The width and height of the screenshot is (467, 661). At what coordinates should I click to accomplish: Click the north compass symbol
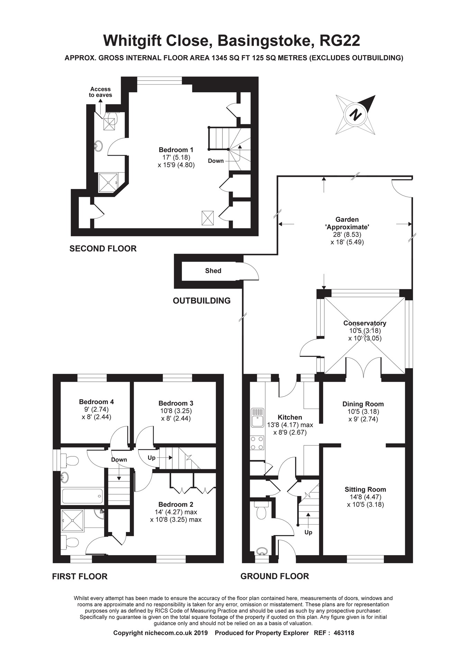click(356, 115)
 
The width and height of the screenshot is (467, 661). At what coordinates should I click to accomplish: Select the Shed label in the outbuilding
click(213, 271)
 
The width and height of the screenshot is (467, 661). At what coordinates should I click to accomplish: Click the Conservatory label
click(365, 323)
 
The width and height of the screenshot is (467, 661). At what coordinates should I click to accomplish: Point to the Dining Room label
click(363, 404)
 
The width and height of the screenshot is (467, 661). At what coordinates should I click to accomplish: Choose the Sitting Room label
click(365, 489)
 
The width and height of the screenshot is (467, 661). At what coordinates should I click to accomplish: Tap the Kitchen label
click(290, 417)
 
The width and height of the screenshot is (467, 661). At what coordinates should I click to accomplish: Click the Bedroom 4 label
click(96, 402)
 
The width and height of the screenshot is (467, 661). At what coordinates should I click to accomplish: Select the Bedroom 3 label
click(176, 403)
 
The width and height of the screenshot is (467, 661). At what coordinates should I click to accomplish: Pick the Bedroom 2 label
click(176, 505)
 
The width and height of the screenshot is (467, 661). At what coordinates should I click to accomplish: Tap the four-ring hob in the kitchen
click(257, 443)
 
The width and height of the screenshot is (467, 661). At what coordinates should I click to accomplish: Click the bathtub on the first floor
click(82, 496)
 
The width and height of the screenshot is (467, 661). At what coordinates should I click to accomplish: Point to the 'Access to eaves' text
click(100, 92)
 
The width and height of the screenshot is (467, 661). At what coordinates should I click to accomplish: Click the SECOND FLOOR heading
click(103, 248)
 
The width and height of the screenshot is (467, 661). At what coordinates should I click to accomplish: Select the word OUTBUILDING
click(202, 300)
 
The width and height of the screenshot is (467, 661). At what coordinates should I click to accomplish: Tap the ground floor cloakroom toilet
click(262, 511)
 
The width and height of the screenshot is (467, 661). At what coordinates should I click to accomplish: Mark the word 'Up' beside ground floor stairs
click(308, 532)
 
